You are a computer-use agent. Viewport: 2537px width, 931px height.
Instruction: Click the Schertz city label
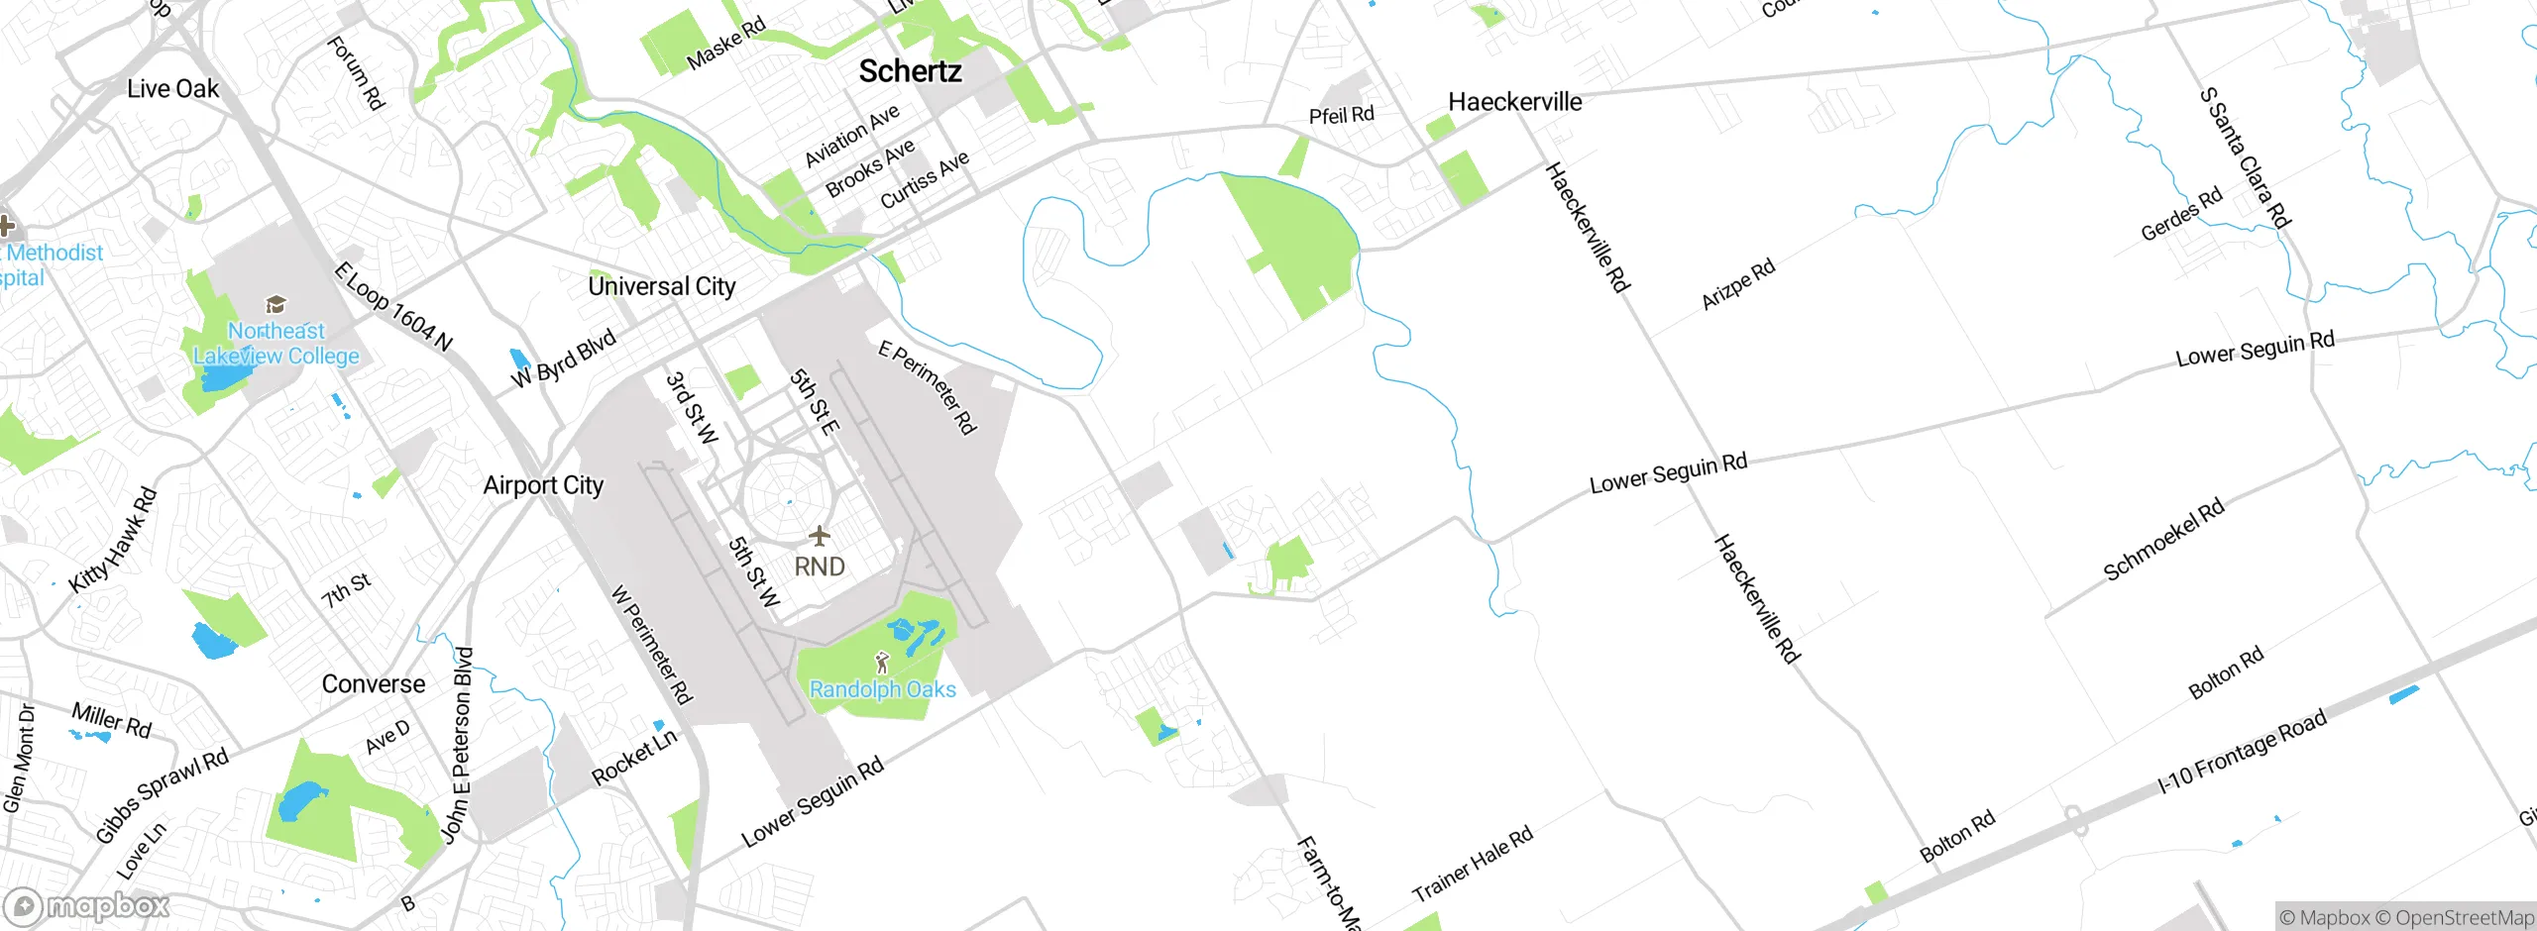tap(910, 71)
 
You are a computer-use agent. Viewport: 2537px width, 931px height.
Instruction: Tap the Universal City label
tap(662, 286)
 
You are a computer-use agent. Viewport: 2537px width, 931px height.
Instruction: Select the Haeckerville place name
tap(1514, 102)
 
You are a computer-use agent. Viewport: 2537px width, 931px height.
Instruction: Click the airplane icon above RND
tap(819, 537)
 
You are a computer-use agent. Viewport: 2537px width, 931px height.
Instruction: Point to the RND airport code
tap(820, 567)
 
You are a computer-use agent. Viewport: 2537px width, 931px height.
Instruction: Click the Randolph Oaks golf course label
tap(882, 689)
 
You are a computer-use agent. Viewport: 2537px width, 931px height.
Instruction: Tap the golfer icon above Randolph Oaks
tap(882, 662)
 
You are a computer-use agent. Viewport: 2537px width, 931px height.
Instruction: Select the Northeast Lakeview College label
tap(276, 343)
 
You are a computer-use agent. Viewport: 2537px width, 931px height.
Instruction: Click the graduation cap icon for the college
tap(276, 304)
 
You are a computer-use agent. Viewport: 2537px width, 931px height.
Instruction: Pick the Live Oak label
tap(172, 89)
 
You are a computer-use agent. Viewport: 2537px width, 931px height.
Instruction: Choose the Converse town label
tap(374, 684)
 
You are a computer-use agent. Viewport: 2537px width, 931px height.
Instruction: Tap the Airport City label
tap(543, 485)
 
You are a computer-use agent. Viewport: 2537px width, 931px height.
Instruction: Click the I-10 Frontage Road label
tap(2242, 753)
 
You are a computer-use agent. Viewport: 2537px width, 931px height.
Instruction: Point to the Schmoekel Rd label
tap(2163, 539)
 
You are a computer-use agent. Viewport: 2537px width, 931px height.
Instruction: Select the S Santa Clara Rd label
tap(2245, 158)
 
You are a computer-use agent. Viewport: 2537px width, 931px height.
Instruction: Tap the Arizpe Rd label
tap(1737, 285)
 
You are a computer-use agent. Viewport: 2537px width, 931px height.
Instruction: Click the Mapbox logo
tap(87, 906)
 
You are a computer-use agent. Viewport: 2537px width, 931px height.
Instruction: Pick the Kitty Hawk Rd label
tap(113, 541)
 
